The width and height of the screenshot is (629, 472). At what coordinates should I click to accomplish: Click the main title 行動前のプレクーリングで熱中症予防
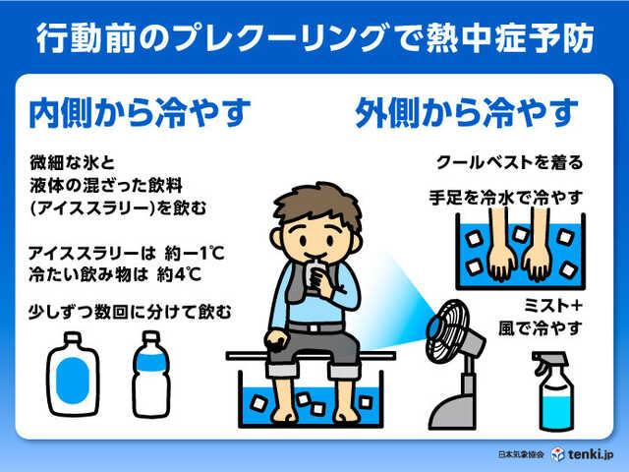pyautogui.click(x=314, y=36)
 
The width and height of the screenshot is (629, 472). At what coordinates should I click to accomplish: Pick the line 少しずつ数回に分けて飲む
pyautogui.click(x=131, y=312)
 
